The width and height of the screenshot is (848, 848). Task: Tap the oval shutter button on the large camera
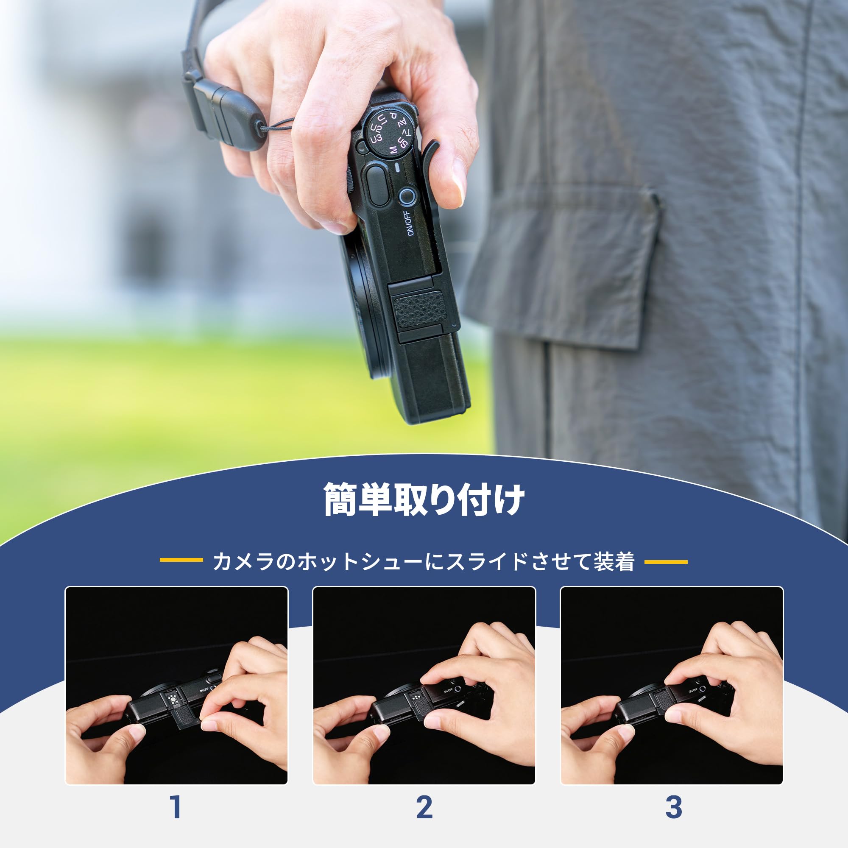click(x=376, y=184)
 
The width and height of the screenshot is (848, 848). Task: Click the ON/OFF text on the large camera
click(x=408, y=223)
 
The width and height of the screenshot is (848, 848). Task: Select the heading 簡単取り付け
click(x=424, y=500)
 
